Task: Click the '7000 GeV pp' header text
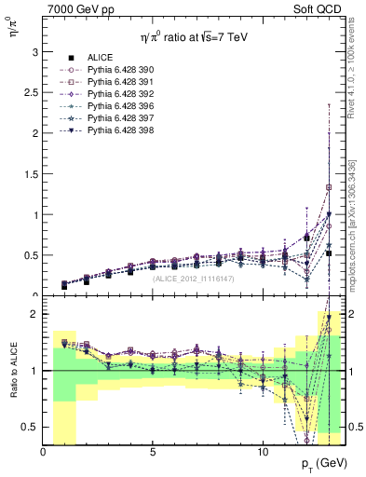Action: pyautogui.click(x=79, y=9)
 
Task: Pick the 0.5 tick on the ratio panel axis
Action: pyautogui.click(x=30, y=428)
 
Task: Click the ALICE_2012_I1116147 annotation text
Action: pyautogui.click(x=194, y=279)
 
